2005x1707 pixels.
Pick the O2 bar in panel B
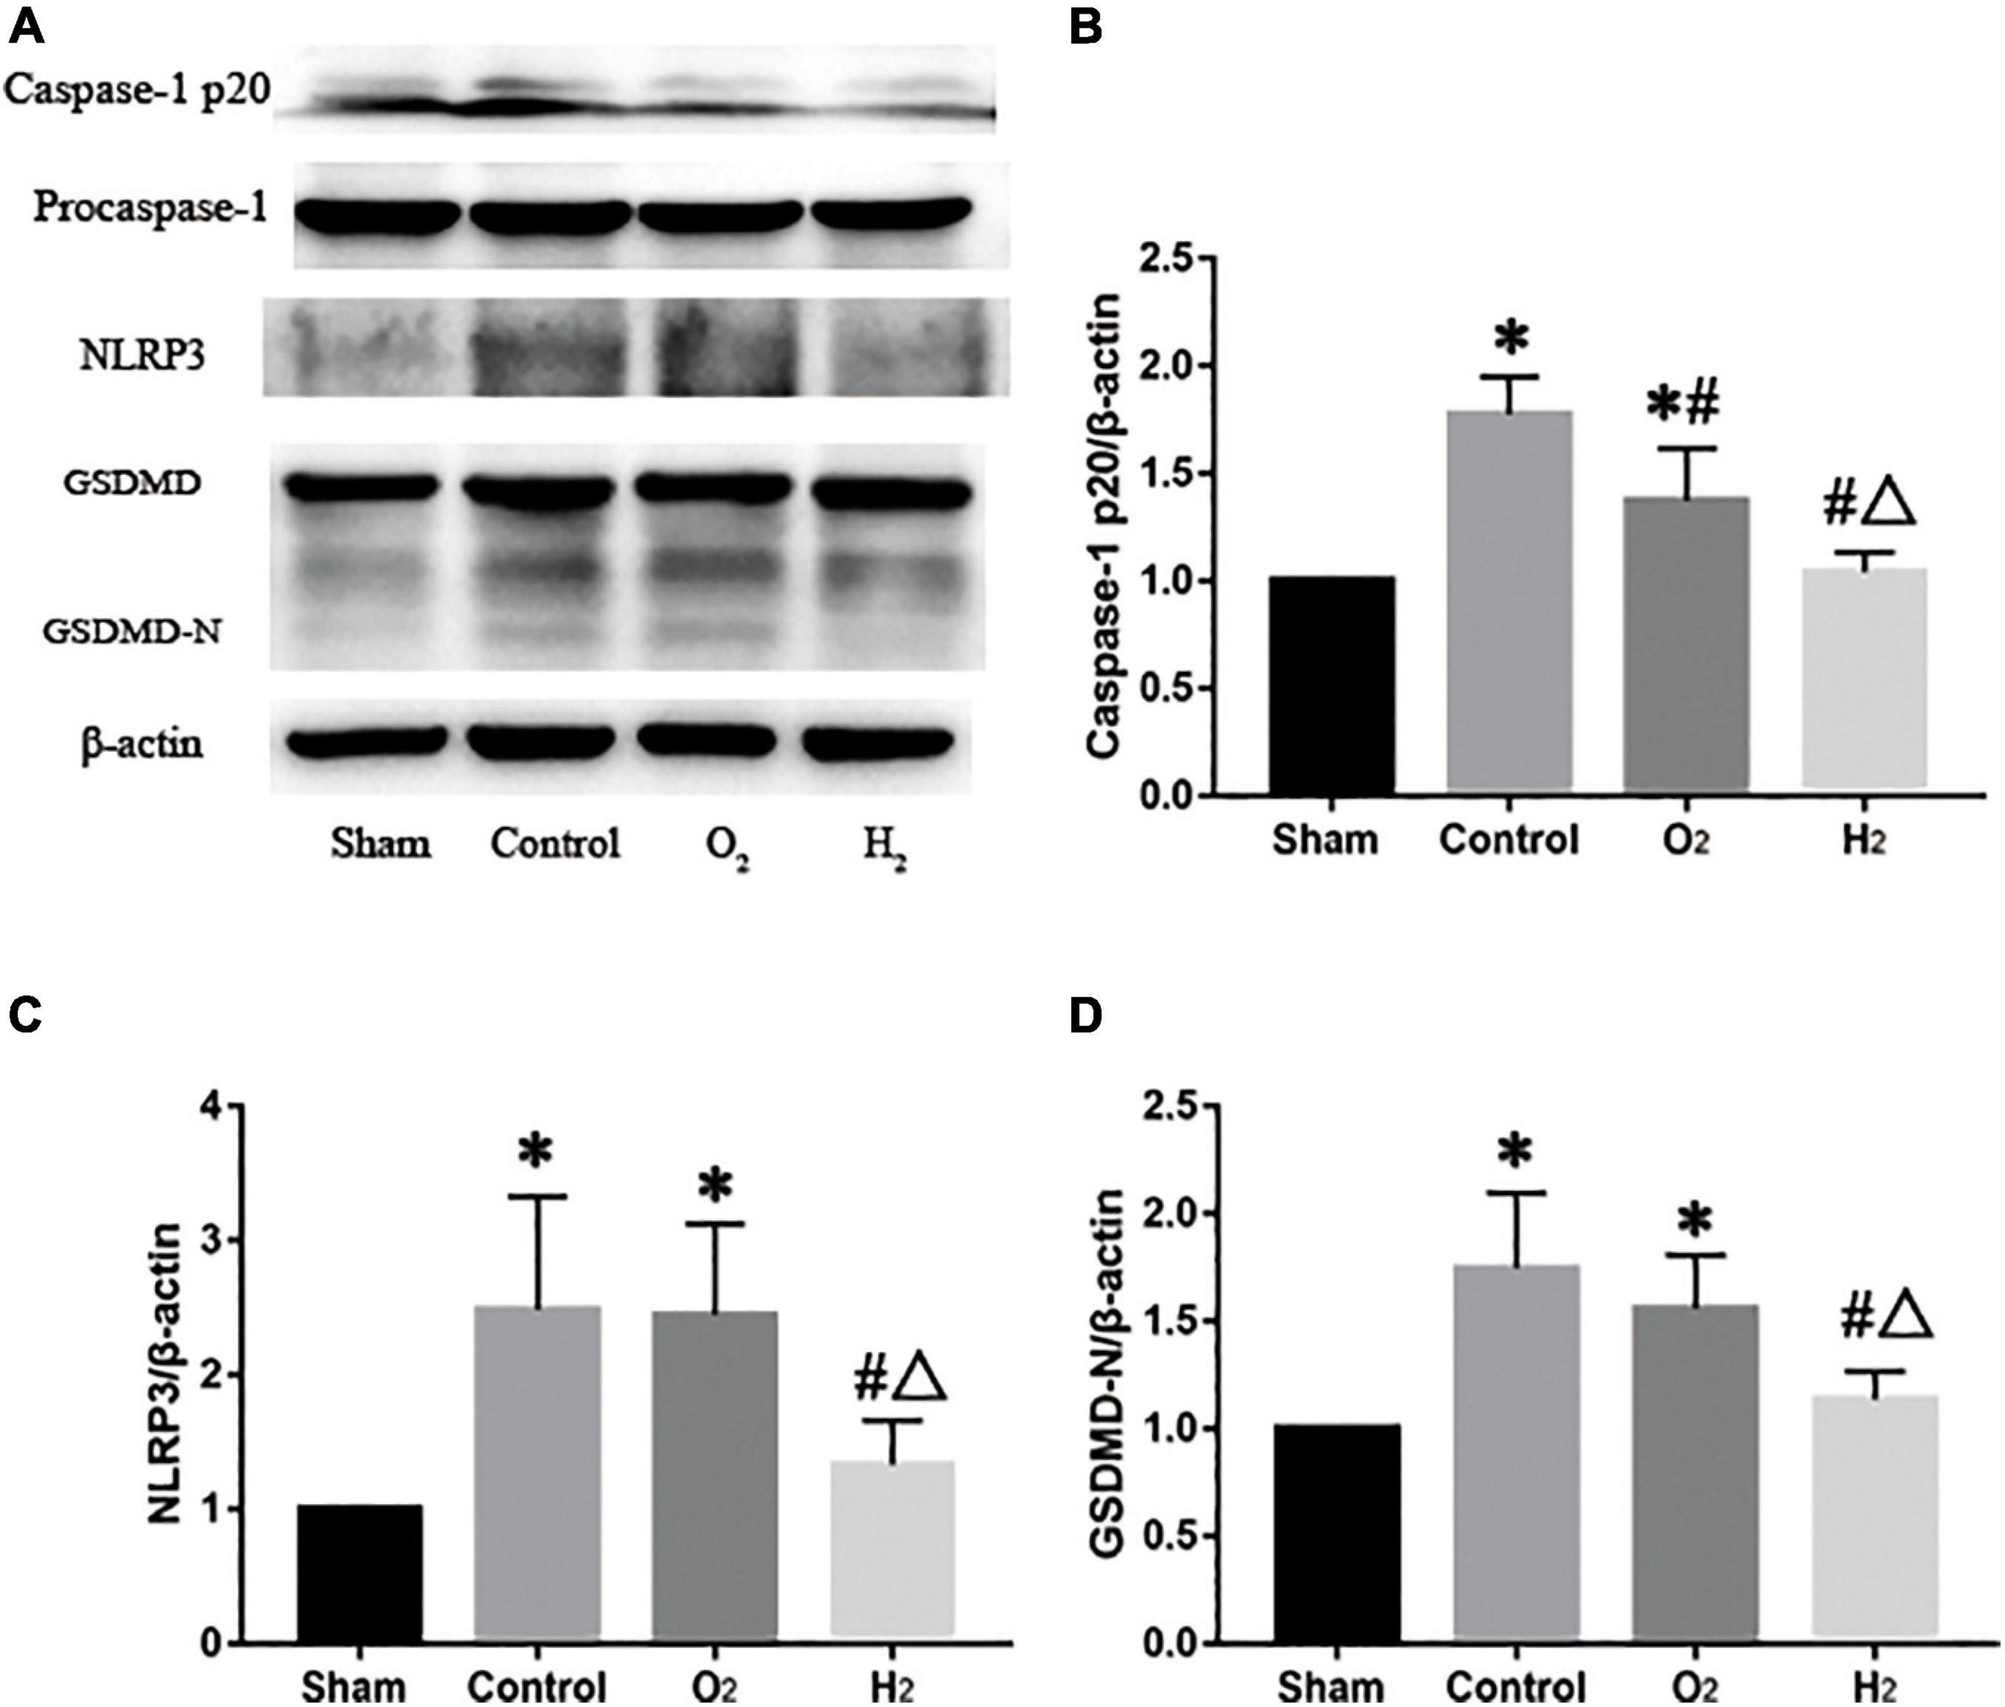tap(1686, 646)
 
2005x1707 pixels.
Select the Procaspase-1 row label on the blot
tap(150, 207)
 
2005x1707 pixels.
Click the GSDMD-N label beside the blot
tap(132, 632)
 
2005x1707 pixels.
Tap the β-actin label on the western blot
tap(142, 744)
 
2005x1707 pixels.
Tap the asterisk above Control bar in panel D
tap(1514, 1153)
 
